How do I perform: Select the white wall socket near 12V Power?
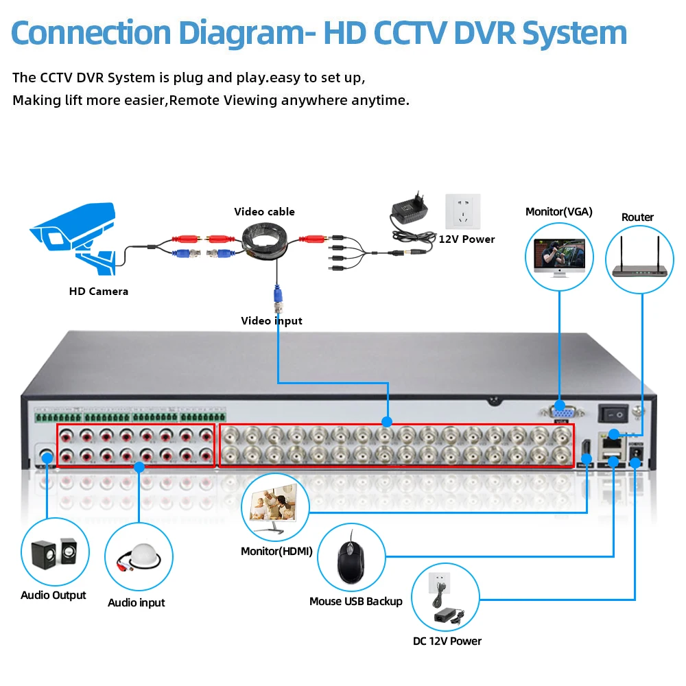pos(463,211)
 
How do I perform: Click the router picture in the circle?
pos(639,258)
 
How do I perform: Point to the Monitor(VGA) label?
pos(558,212)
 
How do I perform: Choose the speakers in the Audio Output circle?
pos(54,553)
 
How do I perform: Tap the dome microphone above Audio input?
pos(139,557)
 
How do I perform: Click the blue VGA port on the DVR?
pos(562,412)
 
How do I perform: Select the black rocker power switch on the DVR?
pos(613,414)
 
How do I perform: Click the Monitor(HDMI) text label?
pos(276,552)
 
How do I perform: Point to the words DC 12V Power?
pos(447,641)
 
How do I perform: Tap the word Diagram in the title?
pos(247,33)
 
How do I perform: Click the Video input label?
pos(271,320)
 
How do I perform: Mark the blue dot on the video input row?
pos(387,422)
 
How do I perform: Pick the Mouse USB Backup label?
pos(355,602)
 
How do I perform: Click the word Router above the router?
pos(637,217)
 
